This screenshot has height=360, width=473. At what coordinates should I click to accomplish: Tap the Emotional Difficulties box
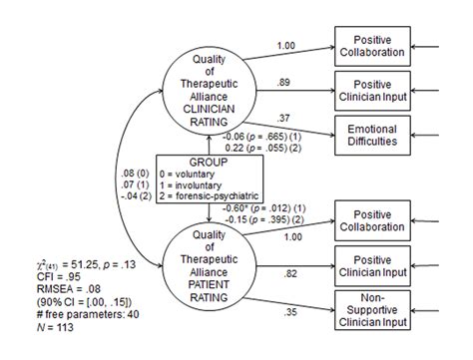click(372, 135)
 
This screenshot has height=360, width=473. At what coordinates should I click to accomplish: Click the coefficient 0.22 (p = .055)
click(265, 147)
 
